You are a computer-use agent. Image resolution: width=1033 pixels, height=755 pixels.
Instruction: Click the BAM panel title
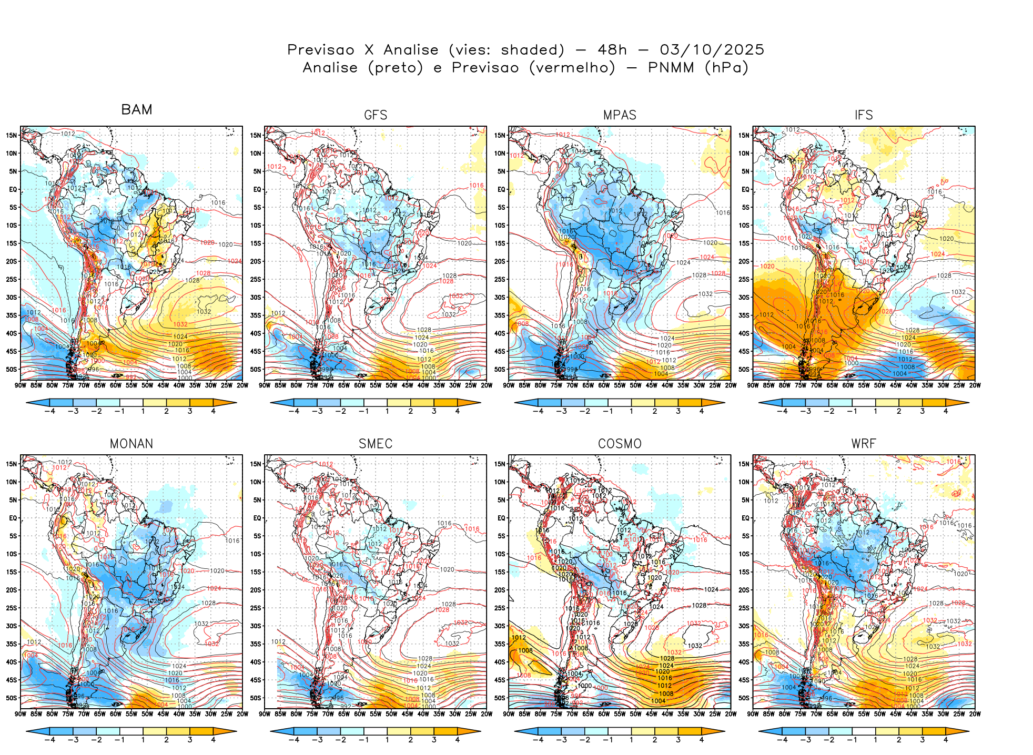(x=137, y=109)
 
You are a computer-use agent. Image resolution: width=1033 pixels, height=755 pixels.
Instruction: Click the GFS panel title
(x=376, y=115)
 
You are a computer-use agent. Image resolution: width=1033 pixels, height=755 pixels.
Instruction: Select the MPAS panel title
(x=620, y=115)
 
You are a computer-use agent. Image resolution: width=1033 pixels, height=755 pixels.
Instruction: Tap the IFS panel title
(x=864, y=115)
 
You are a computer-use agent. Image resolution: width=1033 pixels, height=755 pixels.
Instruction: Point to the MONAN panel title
(x=131, y=444)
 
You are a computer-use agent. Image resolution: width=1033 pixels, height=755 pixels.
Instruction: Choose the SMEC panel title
(x=376, y=444)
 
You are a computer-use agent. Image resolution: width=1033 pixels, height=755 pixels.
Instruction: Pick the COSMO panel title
(x=620, y=444)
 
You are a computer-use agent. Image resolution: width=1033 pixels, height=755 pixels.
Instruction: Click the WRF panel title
(x=864, y=444)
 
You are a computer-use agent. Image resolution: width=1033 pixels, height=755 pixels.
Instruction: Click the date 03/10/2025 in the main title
(x=712, y=50)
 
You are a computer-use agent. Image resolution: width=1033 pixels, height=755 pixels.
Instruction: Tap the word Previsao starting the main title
(x=321, y=50)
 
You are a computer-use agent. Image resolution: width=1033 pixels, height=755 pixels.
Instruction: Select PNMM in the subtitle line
(x=671, y=68)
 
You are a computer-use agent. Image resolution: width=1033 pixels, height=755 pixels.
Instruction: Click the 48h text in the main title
(x=612, y=50)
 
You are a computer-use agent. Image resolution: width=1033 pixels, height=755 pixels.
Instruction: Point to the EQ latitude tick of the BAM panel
(x=13, y=189)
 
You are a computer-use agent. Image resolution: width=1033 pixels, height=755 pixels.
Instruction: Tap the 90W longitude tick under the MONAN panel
(x=21, y=714)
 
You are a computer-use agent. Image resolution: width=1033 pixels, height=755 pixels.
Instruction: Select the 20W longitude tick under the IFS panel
(x=975, y=385)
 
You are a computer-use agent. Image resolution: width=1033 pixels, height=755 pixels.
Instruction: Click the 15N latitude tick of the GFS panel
(x=256, y=135)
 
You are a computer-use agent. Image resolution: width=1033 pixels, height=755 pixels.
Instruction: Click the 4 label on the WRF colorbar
(x=945, y=740)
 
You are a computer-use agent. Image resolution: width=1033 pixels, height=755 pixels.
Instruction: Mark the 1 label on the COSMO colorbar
(x=631, y=740)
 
